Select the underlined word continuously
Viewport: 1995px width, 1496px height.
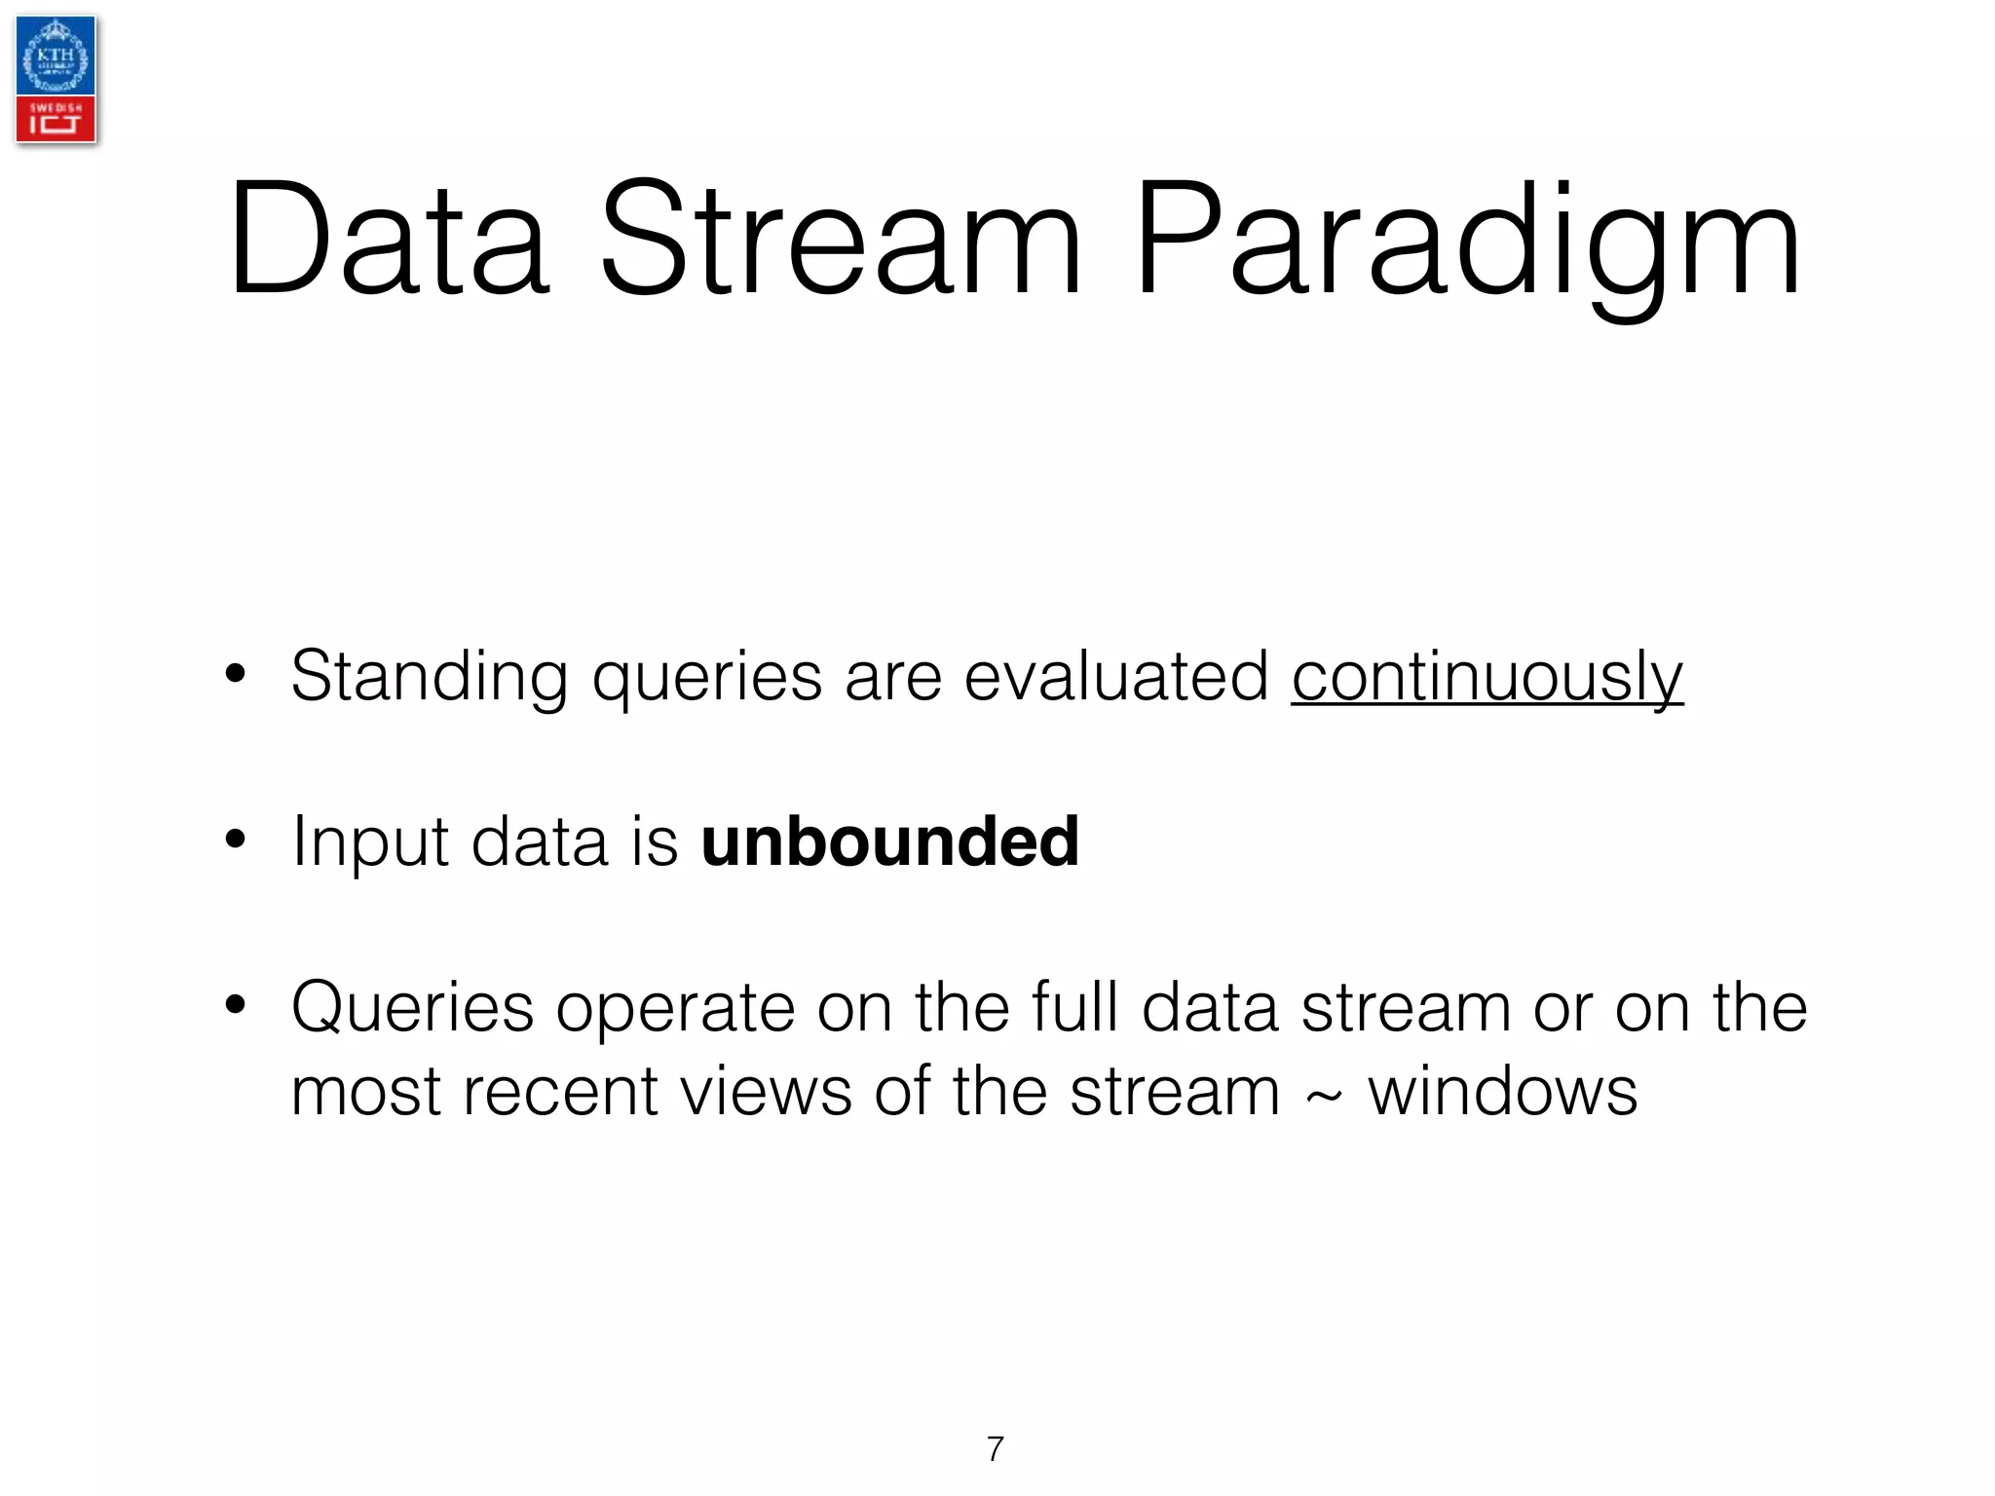coord(1487,677)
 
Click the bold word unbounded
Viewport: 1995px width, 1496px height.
coord(889,841)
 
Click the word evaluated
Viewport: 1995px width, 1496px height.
coord(1116,677)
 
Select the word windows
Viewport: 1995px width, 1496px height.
coord(1503,1092)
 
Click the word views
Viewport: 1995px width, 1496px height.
coord(766,1092)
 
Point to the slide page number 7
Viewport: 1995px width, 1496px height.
coord(995,1449)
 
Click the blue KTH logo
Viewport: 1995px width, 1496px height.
coord(56,56)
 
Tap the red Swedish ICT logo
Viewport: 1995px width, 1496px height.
coord(56,120)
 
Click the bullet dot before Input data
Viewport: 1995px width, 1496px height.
coord(235,839)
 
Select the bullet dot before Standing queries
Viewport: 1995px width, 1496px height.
coord(235,674)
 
